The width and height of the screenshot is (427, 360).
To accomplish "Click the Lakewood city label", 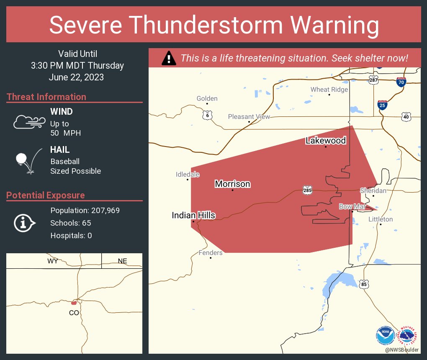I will (x=326, y=141).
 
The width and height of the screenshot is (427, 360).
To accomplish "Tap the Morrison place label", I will (x=232, y=184).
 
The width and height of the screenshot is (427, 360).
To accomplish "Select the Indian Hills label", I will (x=193, y=215).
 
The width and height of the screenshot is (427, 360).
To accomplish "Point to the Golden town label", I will (x=207, y=98).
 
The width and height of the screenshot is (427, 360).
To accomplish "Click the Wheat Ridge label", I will (x=329, y=90).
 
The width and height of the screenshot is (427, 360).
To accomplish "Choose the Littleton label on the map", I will (x=381, y=219).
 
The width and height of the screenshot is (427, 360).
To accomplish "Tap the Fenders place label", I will (x=211, y=253).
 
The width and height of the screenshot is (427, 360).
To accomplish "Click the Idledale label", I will (x=188, y=174).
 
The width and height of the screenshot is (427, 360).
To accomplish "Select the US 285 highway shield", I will (x=308, y=190).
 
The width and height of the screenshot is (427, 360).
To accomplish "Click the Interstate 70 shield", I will (x=401, y=82).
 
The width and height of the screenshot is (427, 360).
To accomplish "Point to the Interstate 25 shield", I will (x=382, y=105).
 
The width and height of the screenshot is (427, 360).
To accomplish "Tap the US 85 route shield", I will (x=364, y=284).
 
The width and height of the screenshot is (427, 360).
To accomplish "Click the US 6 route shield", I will (x=207, y=115).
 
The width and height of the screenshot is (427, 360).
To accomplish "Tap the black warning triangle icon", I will (x=169, y=58).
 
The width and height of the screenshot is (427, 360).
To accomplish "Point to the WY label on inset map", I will (x=53, y=261).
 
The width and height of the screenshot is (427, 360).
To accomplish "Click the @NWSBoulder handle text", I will (x=401, y=349).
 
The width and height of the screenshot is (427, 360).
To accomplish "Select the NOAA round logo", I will (x=385, y=336).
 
